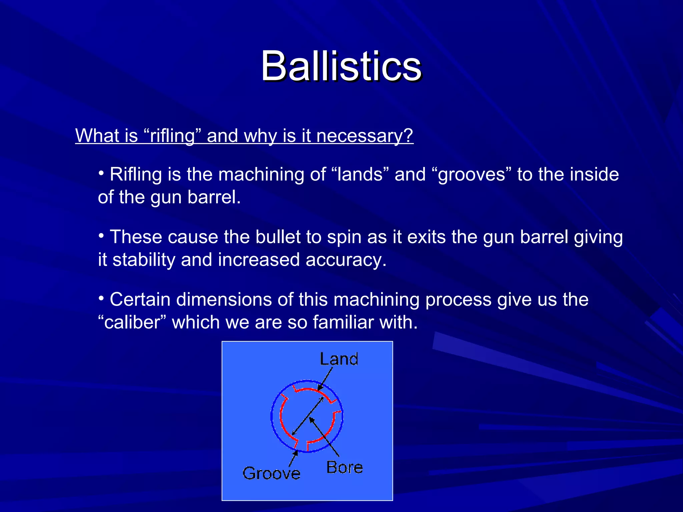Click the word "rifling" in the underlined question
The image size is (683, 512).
coord(172,136)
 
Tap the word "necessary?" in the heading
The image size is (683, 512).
coord(365,136)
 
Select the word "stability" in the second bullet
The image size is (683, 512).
coord(144,260)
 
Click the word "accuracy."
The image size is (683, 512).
coord(346,260)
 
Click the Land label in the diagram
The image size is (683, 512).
coord(339,359)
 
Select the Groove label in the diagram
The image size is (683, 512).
coord(271,473)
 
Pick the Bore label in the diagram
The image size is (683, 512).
coord(345,467)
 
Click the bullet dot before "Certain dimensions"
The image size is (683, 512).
coord(101,298)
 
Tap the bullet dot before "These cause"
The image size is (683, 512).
coord(101,235)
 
